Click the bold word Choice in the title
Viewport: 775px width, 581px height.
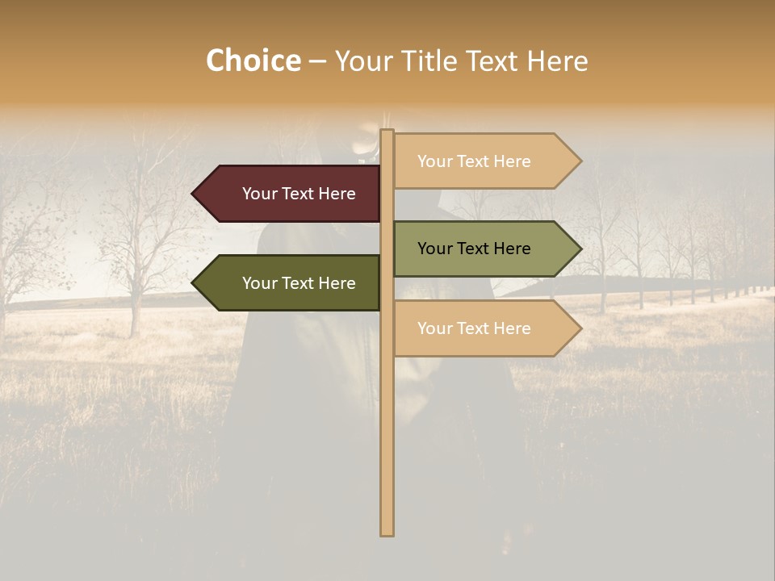(253, 61)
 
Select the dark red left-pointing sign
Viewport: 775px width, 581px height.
(291, 194)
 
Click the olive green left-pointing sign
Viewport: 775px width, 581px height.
(291, 282)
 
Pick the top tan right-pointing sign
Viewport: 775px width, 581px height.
(481, 161)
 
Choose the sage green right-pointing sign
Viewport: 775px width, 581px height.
(481, 249)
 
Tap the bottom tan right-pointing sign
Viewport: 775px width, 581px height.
(481, 328)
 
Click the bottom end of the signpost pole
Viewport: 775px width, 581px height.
(387, 533)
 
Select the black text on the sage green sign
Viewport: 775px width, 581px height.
(474, 249)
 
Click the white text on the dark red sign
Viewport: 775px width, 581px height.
(299, 194)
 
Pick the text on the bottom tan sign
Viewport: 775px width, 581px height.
(474, 328)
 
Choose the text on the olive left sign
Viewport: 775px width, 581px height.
(299, 283)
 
